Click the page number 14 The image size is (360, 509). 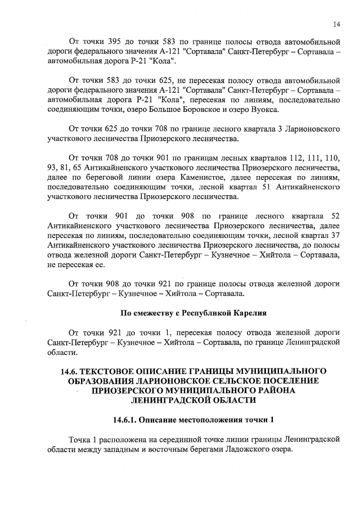336,24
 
